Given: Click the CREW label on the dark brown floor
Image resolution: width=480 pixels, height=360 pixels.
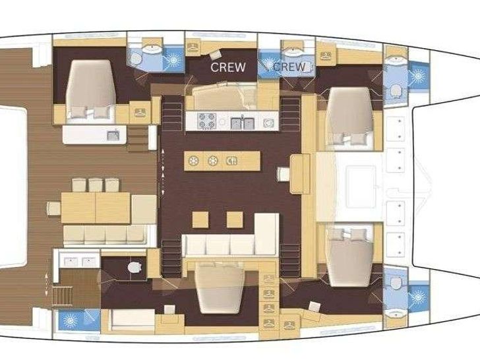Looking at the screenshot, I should [x=228, y=67].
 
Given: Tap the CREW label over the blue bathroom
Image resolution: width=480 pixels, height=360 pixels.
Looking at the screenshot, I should [x=289, y=67].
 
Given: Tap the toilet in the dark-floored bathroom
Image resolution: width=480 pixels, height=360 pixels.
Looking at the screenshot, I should [x=135, y=267].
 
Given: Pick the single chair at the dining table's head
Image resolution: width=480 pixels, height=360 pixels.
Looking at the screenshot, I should [x=54, y=208].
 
